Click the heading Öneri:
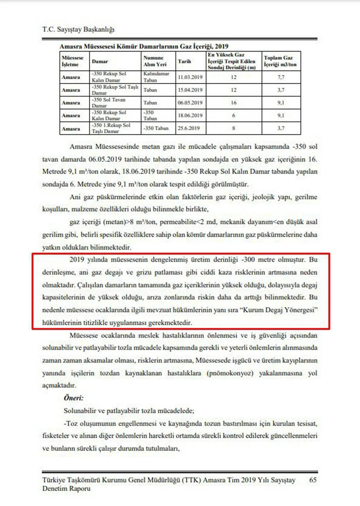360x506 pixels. click(74, 398)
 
